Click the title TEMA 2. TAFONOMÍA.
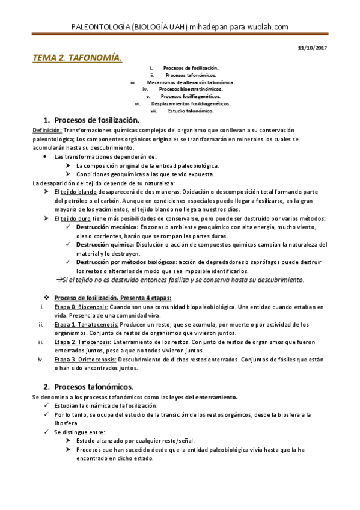coord(77,58)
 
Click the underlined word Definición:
coord(46,131)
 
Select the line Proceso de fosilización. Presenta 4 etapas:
coord(112,298)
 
